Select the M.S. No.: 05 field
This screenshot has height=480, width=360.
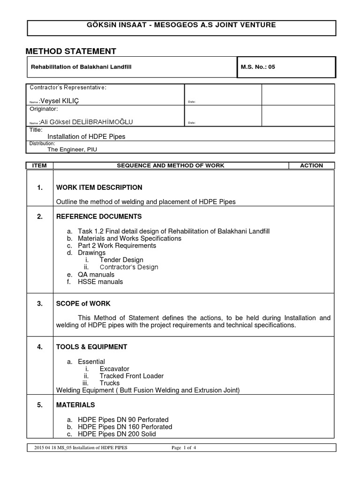[258, 67]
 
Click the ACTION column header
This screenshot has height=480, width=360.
[311, 165]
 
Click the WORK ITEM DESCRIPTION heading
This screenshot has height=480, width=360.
[99, 187]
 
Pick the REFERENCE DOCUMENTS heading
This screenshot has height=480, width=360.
[99, 217]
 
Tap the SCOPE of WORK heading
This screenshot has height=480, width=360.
[83, 304]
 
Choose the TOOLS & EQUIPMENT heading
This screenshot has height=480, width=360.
[92, 347]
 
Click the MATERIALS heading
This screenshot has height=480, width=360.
[75, 405]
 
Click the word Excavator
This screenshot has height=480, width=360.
[114, 369]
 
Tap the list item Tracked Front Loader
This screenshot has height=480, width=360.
[131, 376]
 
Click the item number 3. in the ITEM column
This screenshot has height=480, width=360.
[40, 304]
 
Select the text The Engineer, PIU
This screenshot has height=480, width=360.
[72, 150]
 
